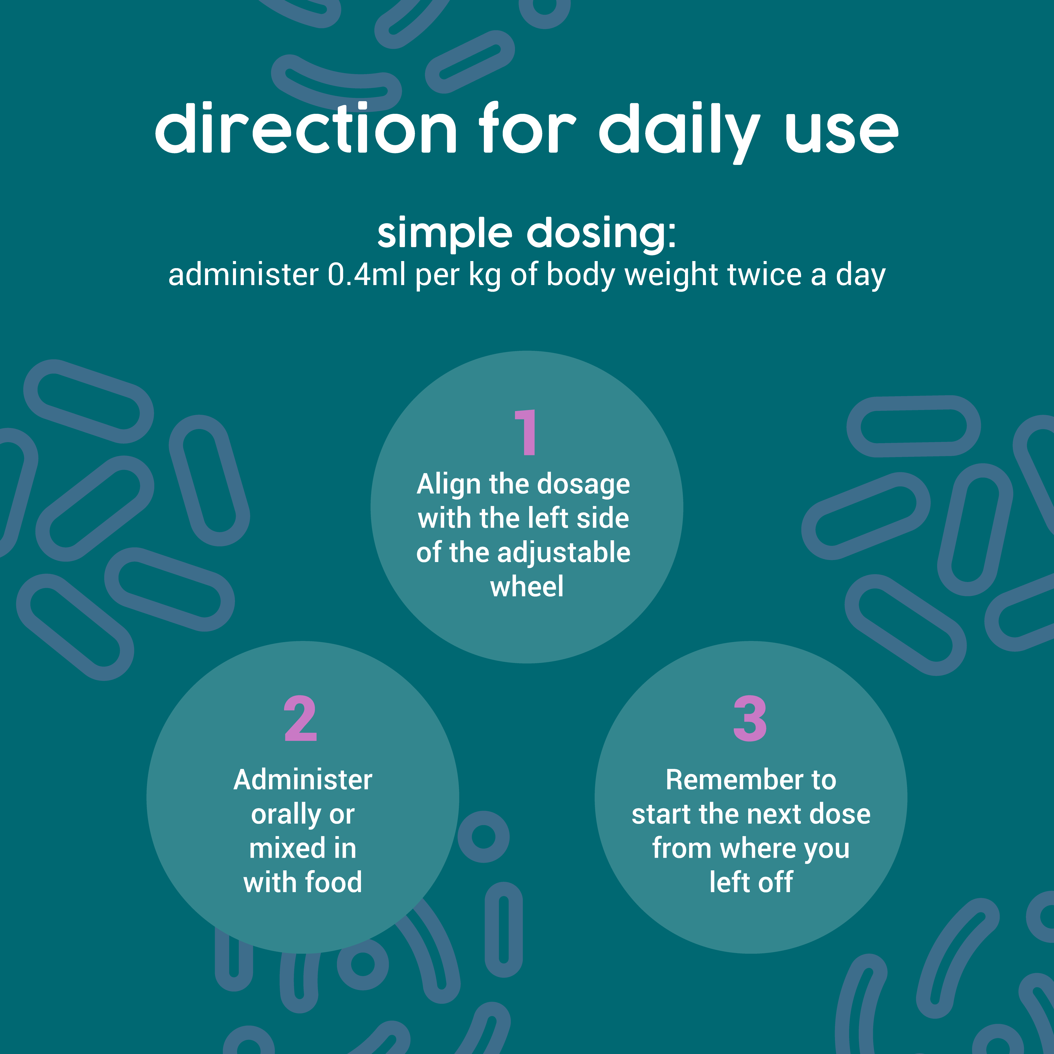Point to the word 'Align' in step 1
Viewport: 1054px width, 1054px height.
coord(448,484)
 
